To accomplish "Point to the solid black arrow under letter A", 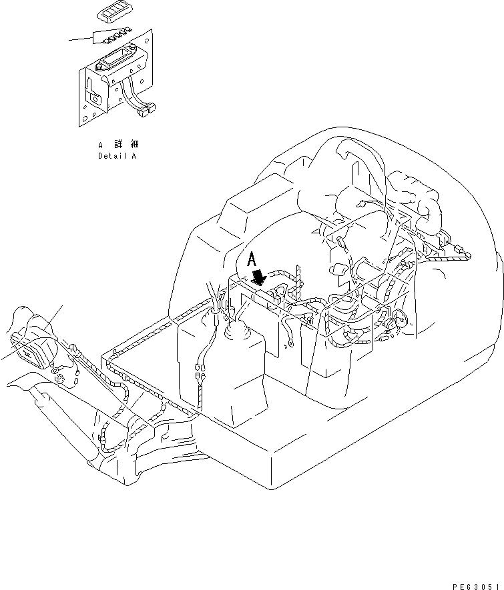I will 259,278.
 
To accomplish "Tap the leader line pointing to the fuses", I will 81,40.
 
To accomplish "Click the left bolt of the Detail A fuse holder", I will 100,65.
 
